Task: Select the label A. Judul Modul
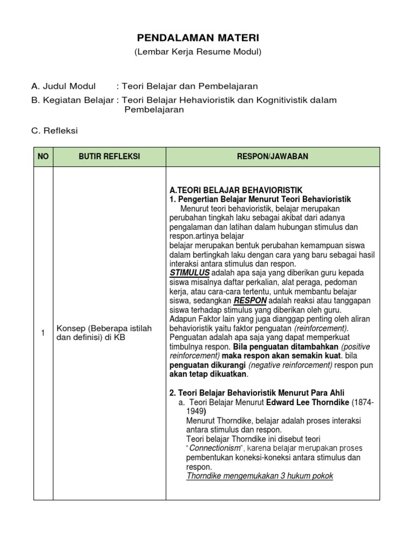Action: tap(63, 86)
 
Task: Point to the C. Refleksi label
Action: tap(55, 131)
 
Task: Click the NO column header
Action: tap(43, 156)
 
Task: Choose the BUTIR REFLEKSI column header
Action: tap(109, 156)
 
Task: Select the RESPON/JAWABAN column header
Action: tap(273, 156)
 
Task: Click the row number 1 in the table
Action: tap(43, 333)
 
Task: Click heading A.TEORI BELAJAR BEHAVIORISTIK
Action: tap(236, 190)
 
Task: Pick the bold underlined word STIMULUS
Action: tap(189, 273)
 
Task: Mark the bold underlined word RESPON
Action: tap(250, 301)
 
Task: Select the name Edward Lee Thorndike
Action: tap(314, 403)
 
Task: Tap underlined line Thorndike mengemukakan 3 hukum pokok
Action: tap(260, 476)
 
